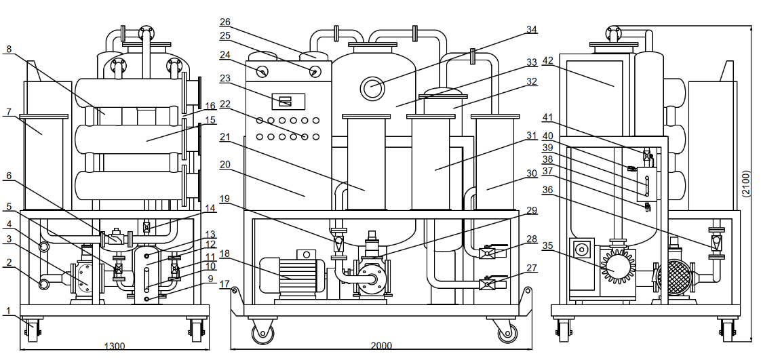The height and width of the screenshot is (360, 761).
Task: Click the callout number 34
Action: point(532,29)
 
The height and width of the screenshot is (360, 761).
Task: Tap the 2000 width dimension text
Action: point(380,346)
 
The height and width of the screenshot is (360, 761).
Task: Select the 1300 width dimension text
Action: point(113,346)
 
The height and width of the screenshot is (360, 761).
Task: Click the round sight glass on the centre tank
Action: point(373,87)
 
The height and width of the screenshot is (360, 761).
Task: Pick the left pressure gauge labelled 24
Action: point(263,71)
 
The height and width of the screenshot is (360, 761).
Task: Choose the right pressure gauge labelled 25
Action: point(315,72)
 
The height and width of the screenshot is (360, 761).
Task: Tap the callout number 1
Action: point(9,311)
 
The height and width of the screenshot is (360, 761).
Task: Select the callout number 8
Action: point(9,49)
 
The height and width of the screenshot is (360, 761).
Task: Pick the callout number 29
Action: point(532,210)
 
